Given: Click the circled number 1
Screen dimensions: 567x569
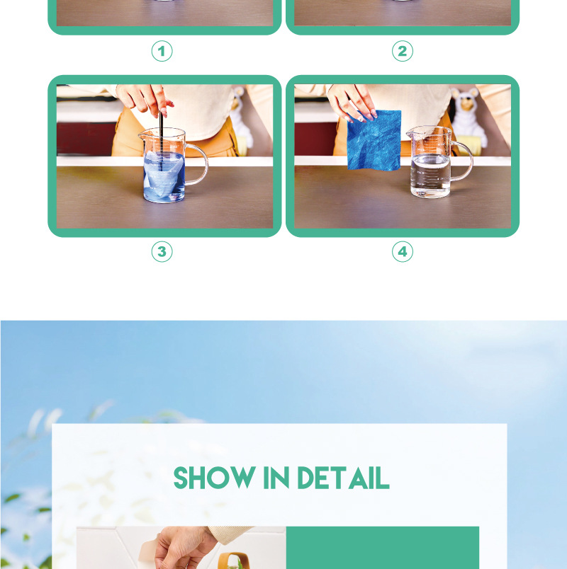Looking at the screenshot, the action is click(162, 51).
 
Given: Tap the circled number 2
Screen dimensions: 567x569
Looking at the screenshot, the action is click(403, 51).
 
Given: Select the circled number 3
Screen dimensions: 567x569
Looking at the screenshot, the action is click(162, 251).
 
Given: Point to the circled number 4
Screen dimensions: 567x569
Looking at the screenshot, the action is click(403, 251).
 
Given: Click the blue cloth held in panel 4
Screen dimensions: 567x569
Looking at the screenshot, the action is click(374, 140).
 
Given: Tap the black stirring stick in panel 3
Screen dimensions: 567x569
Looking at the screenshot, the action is click(161, 141).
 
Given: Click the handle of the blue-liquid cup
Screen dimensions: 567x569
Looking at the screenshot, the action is click(198, 164).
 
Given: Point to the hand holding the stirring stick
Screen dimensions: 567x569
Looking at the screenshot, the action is click(145, 98).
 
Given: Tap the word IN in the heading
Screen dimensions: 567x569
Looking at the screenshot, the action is click(276, 478).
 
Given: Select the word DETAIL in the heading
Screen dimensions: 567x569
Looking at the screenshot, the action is click(344, 478).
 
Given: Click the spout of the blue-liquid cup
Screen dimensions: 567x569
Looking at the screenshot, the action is click(142, 135).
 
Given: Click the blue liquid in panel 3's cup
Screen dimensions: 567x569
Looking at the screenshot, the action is click(164, 177).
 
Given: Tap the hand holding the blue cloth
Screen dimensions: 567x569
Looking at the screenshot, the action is click(351, 101).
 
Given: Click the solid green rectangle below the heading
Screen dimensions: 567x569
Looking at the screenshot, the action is click(382, 548).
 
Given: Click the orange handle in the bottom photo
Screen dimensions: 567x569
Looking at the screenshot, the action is click(236, 560).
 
